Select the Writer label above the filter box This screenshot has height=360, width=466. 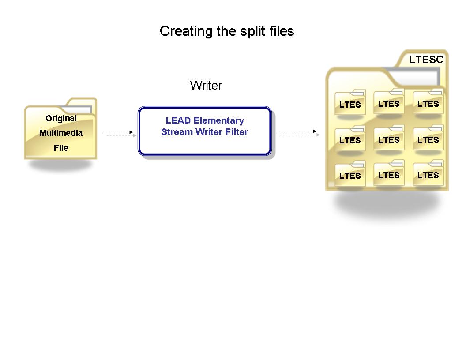(x=206, y=85)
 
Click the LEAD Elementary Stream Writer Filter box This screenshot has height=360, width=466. (x=205, y=131)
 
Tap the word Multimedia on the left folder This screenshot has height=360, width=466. (x=61, y=133)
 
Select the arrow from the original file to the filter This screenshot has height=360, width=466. (x=118, y=132)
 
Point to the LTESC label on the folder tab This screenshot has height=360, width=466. (x=425, y=60)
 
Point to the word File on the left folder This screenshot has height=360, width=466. (x=61, y=148)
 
